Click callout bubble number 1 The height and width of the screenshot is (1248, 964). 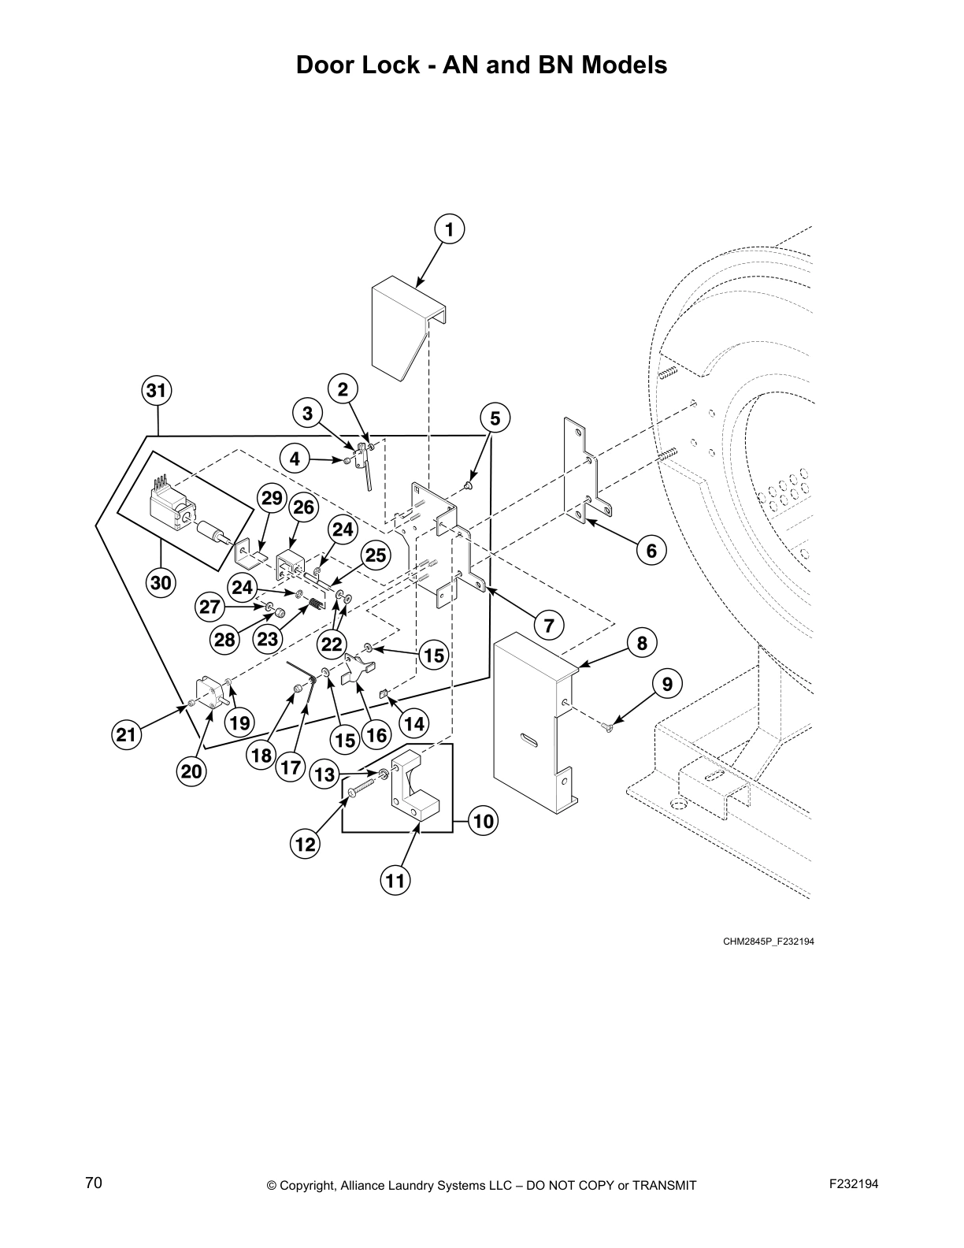click(449, 230)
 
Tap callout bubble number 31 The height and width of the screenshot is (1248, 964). click(158, 390)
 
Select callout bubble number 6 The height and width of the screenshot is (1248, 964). click(651, 551)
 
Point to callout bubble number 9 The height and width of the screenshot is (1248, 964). click(667, 684)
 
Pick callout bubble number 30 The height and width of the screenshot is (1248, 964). click(161, 583)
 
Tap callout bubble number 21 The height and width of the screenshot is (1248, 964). click(125, 735)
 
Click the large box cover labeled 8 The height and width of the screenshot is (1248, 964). click(528, 725)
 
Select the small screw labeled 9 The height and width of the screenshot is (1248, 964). click(609, 729)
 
